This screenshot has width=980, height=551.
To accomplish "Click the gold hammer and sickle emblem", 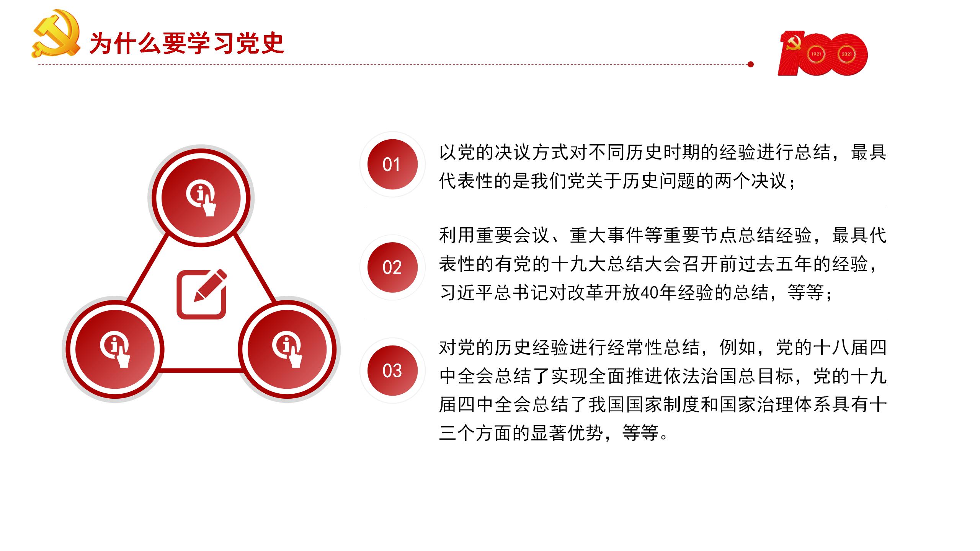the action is click(56, 34).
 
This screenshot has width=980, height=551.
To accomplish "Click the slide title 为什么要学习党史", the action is click(187, 43).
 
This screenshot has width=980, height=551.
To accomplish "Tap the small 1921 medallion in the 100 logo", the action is click(816, 54).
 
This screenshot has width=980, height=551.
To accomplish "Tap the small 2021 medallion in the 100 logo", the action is click(846, 54).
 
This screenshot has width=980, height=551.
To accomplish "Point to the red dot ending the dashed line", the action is click(751, 64).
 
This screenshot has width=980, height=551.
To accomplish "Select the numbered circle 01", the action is click(392, 164).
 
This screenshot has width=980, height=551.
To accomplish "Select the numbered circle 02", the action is click(392, 267).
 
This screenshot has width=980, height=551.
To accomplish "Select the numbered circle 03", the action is click(392, 371).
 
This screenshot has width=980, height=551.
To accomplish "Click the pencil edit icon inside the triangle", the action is click(202, 294).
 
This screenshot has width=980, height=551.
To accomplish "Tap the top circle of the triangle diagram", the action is click(201, 198).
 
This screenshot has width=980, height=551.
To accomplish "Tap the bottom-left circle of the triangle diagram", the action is click(115, 349).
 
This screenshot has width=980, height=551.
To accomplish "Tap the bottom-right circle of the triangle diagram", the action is click(287, 349).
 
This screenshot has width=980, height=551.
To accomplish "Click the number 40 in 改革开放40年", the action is click(650, 293).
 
